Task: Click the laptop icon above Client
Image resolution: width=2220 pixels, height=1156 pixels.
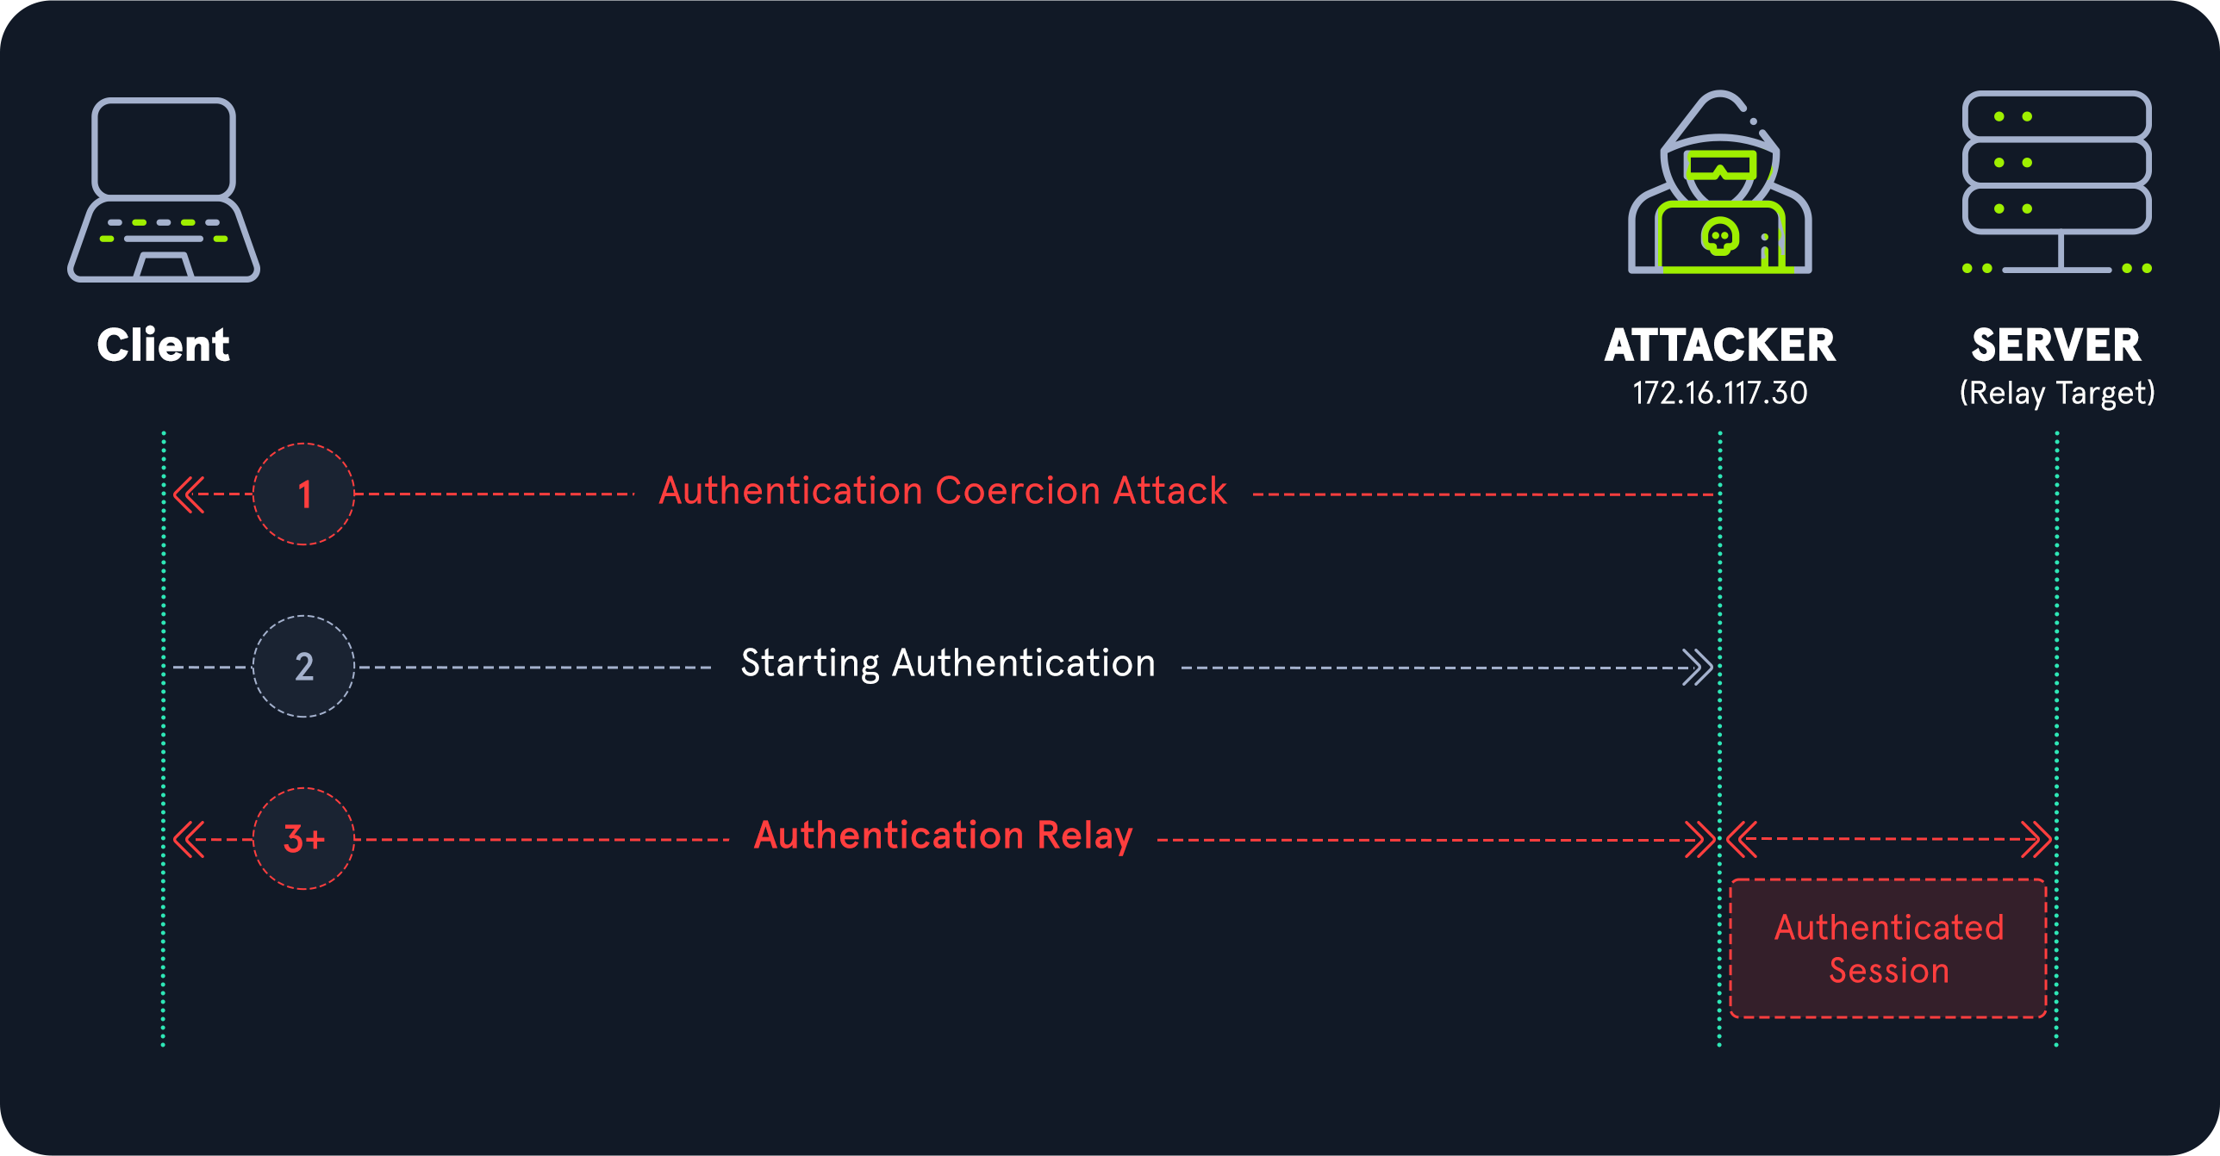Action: pyautogui.click(x=164, y=190)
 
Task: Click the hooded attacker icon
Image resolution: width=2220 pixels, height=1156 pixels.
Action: pyautogui.click(x=1720, y=185)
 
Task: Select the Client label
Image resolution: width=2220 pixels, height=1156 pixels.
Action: pyautogui.click(x=164, y=345)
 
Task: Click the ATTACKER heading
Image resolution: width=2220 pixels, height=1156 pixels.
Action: pyautogui.click(x=1720, y=345)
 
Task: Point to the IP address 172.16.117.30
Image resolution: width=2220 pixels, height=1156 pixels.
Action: pyautogui.click(x=1720, y=394)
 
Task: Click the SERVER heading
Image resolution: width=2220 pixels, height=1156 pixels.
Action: pyautogui.click(x=2056, y=345)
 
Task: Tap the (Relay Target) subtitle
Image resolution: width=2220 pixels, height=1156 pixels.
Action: pyautogui.click(x=2056, y=394)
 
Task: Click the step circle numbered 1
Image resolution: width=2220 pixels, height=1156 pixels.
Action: pyautogui.click(x=303, y=494)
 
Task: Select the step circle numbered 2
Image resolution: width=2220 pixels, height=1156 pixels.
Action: pyautogui.click(x=303, y=667)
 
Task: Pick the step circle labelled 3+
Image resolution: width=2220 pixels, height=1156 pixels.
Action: pyautogui.click(x=303, y=838)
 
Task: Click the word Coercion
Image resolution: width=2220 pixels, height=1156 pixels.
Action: pyautogui.click(x=1018, y=491)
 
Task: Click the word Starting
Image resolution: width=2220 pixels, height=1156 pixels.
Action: pyautogui.click(x=810, y=664)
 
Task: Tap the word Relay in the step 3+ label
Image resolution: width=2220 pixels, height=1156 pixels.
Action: pyautogui.click(x=1085, y=836)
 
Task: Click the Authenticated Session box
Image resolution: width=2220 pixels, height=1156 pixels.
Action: pyautogui.click(x=1888, y=948)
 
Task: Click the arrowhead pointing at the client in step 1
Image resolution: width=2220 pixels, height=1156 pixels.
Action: pyautogui.click(x=189, y=494)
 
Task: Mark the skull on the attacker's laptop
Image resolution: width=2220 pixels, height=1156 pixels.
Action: pyautogui.click(x=1720, y=236)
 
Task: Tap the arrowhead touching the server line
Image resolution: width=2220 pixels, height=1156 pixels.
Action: pyautogui.click(x=2037, y=839)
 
